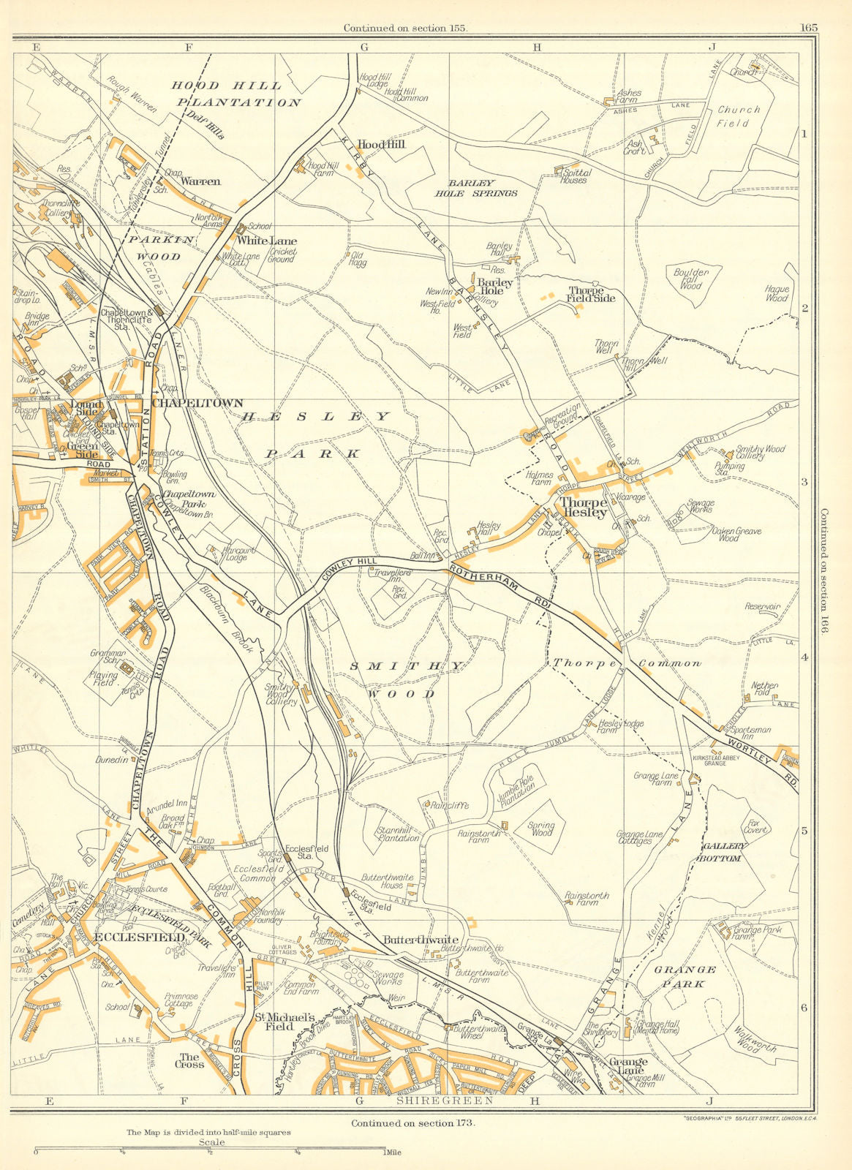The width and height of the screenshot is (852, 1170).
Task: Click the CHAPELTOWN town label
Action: tap(197, 403)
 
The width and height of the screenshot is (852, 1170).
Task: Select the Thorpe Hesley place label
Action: tap(583, 507)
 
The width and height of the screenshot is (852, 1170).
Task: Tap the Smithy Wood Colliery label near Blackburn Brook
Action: tap(281, 694)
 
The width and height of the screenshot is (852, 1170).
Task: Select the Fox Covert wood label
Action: tap(755, 826)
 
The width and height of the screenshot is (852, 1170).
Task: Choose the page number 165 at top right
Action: tap(808, 28)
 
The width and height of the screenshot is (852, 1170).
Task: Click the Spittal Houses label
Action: tap(573, 175)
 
